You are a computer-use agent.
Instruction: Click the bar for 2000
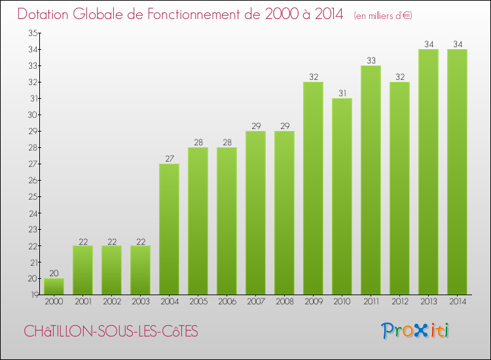54,287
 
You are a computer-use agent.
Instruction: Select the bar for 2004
169,229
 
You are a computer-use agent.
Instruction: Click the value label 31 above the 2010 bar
342,93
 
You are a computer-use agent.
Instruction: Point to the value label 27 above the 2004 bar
169,158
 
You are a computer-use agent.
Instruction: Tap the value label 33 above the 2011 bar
371,60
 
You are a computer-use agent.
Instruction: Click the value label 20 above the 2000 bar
54,273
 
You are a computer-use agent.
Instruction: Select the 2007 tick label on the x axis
255,302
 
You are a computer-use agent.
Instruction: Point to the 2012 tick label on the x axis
399,302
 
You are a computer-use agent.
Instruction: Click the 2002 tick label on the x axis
111,302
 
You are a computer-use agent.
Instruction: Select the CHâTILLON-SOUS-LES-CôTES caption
111,332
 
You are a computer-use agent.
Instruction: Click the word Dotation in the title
46,14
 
